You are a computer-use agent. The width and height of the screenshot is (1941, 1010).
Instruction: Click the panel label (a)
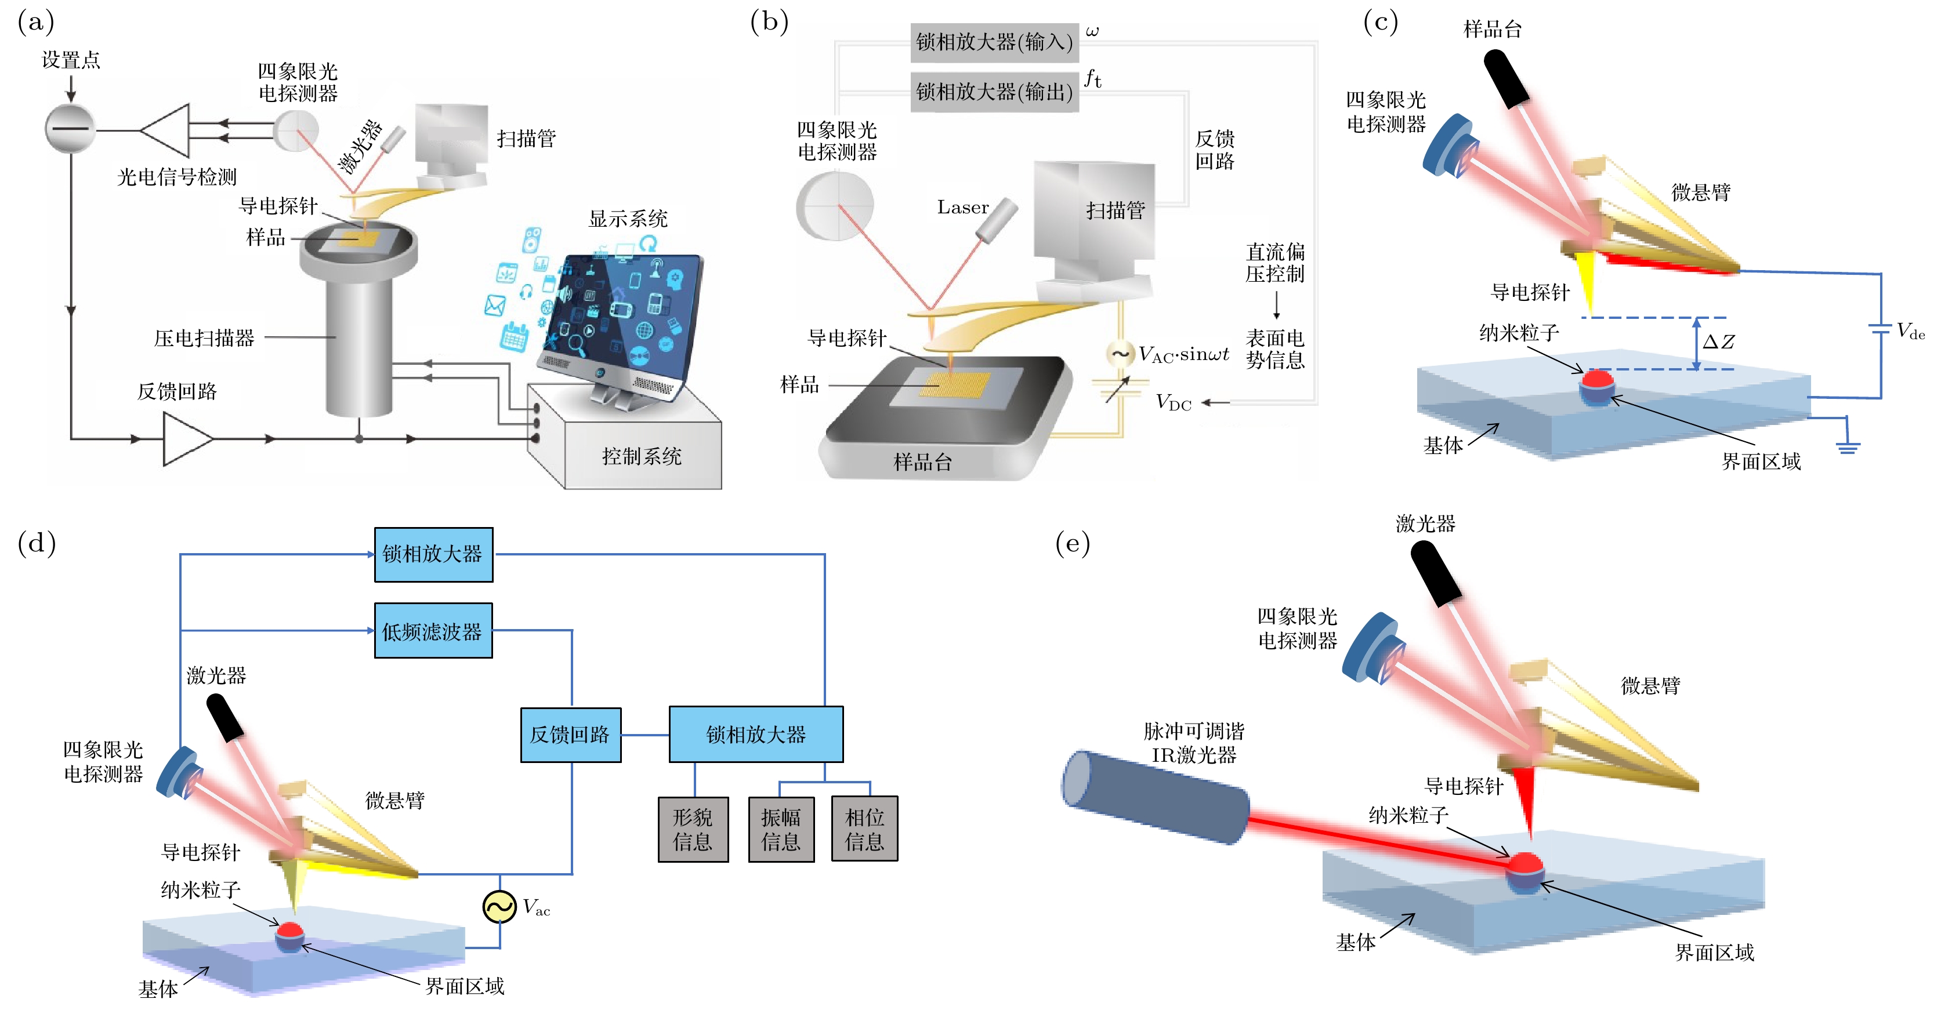click(x=35, y=23)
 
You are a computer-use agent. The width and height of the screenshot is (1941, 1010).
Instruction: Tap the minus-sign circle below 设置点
click(x=70, y=129)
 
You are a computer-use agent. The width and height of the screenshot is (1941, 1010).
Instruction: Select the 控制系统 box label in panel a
click(x=641, y=456)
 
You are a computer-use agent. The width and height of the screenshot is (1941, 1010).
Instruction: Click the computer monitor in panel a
click(x=622, y=320)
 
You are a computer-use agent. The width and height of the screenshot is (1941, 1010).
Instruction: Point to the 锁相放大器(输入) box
click(x=994, y=42)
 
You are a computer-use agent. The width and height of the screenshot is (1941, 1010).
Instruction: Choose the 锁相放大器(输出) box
click(x=994, y=92)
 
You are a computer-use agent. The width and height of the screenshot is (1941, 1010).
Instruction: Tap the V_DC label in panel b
click(x=1173, y=403)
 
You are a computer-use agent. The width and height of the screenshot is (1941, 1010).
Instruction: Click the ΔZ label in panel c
click(x=1718, y=342)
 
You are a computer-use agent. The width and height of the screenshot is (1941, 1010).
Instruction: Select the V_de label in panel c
click(x=1910, y=332)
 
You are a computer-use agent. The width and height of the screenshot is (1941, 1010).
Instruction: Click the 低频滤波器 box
click(x=433, y=631)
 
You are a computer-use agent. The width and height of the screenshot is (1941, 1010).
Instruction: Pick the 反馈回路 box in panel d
click(x=570, y=735)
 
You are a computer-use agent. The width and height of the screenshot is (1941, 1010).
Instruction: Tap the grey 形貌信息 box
click(x=693, y=829)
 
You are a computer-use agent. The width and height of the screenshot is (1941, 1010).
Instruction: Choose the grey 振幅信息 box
click(x=781, y=829)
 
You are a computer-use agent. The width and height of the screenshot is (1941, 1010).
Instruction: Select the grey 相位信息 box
click(x=864, y=829)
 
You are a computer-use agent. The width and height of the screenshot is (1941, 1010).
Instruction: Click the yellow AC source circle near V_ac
click(x=499, y=907)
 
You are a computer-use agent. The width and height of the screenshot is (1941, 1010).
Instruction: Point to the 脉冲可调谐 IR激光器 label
click(x=1193, y=743)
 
